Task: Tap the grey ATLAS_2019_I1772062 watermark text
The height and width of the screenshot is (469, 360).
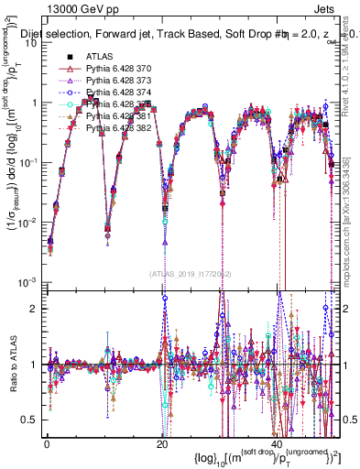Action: point(184,273)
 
